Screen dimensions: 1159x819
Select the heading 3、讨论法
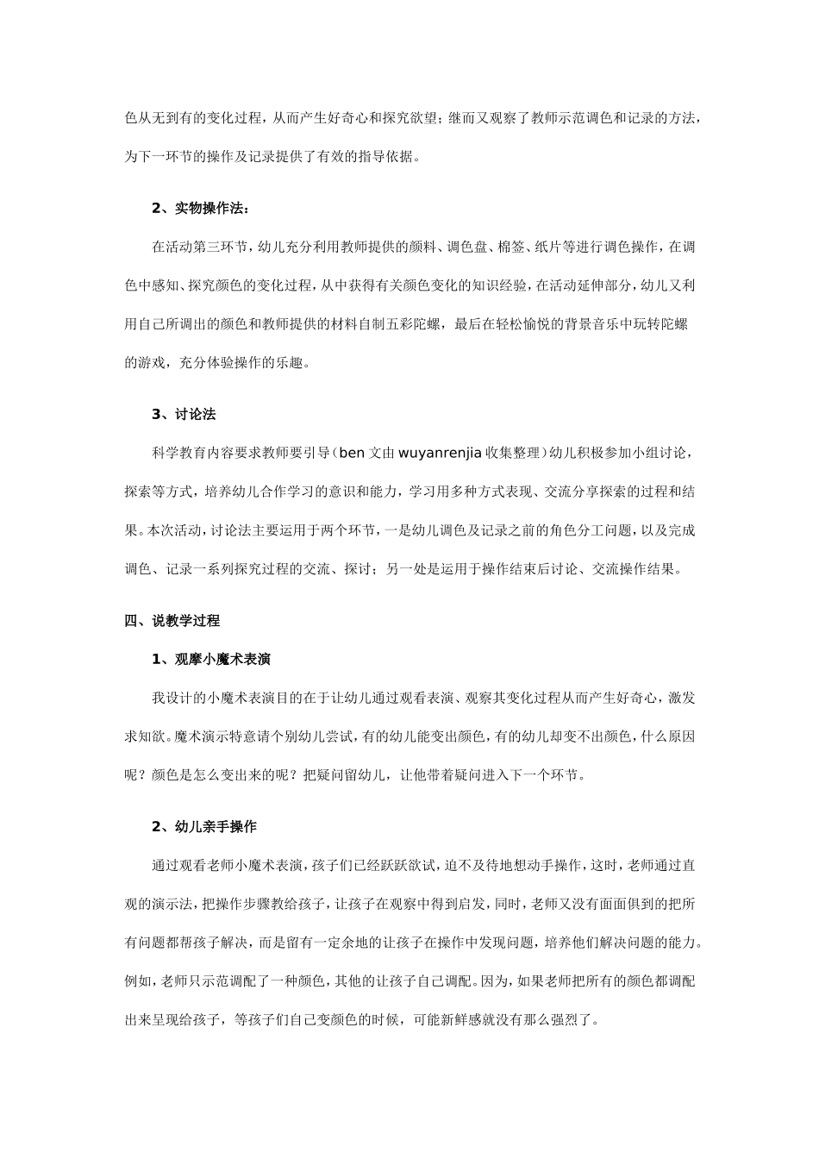184,414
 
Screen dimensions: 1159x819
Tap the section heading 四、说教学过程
172,620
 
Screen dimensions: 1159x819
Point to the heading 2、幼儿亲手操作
203,826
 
